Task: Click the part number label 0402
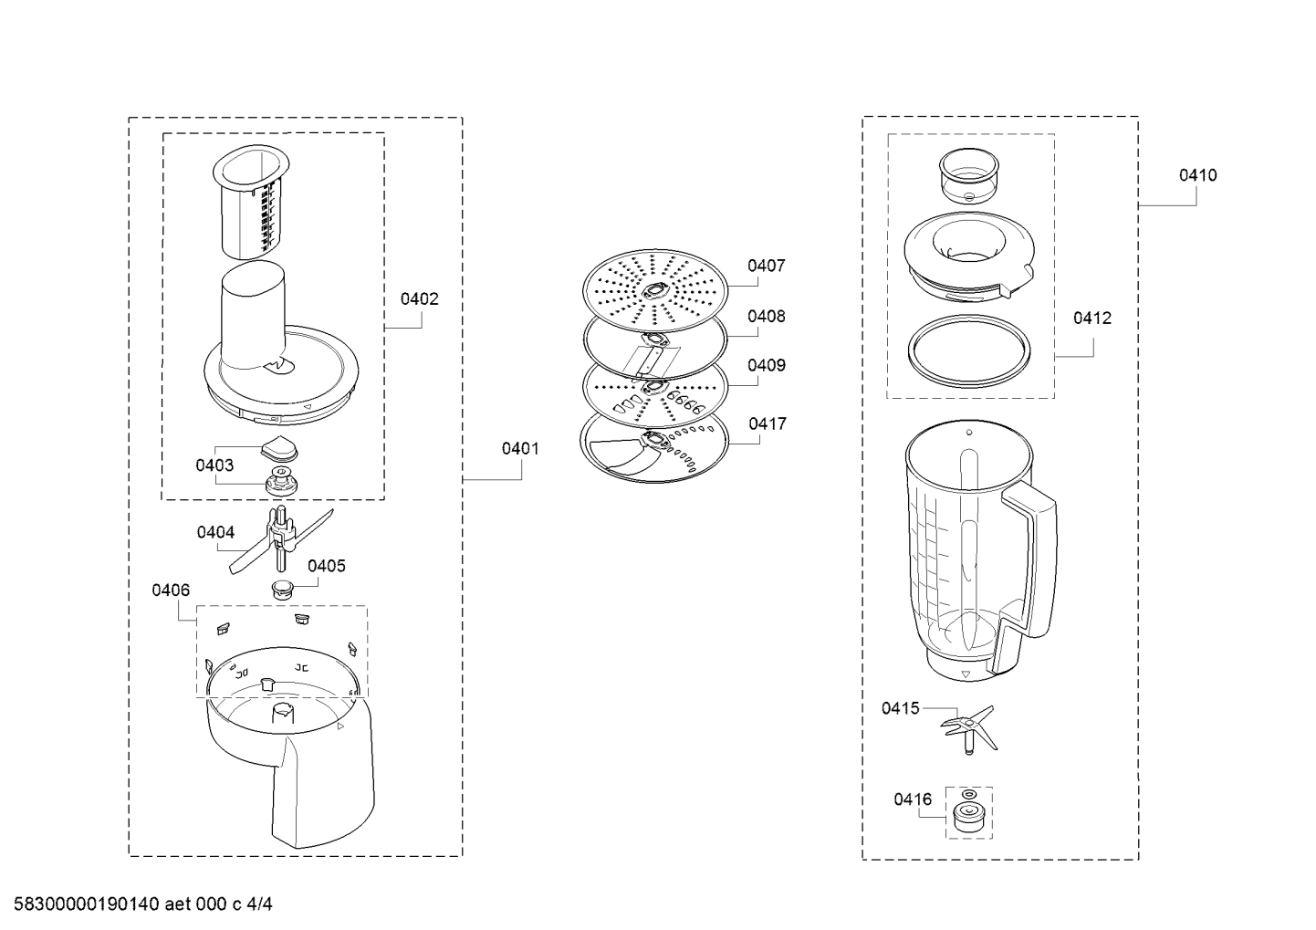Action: tap(420, 299)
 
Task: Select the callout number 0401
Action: tap(520, 449)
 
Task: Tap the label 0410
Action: tap(1198, 175)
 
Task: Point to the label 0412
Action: tap(1092, 318)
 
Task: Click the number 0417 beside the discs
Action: tap(768, 423)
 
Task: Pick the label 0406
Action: tap(171, 590)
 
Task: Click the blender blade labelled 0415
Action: tap(969, 728)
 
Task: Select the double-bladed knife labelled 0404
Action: tap(280, 540)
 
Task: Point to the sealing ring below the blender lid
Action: tap(969, 350)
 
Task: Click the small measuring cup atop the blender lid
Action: tap(969, 175)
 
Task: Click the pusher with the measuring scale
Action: tap(252, 202)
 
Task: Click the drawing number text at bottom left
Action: tap(142, 904)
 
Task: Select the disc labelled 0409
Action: tap(654, 392)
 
